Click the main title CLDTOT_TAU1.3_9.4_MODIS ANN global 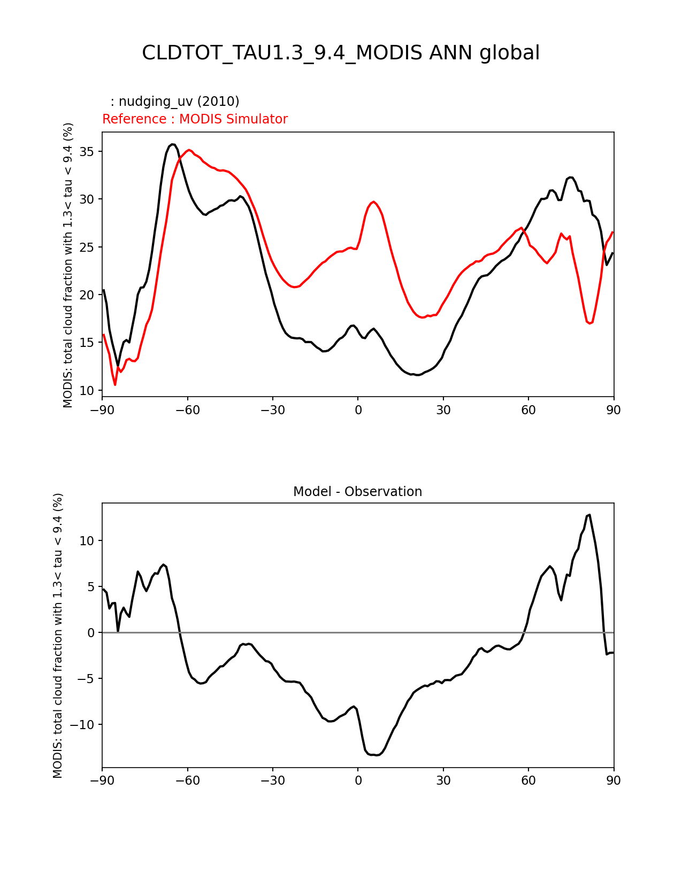point(341,53)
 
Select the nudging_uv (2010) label point(175,102)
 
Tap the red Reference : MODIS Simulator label point(195,119)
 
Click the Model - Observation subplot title point(357,492)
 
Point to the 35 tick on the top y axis point(87,152)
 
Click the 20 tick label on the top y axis point(87,295)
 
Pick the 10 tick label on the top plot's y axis point(87,391)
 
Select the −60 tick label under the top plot point(187,410)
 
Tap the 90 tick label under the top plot point(614,410)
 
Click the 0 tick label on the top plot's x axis point(358,410)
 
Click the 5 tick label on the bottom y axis point(91,587)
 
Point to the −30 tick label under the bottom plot point(272,781)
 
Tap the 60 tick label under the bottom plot point(528,781)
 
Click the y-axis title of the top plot point(68,265)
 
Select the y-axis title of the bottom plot point(58,635)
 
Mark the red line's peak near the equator point(374,202)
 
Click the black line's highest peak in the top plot point(172,144)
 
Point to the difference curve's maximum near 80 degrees point(589,515)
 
